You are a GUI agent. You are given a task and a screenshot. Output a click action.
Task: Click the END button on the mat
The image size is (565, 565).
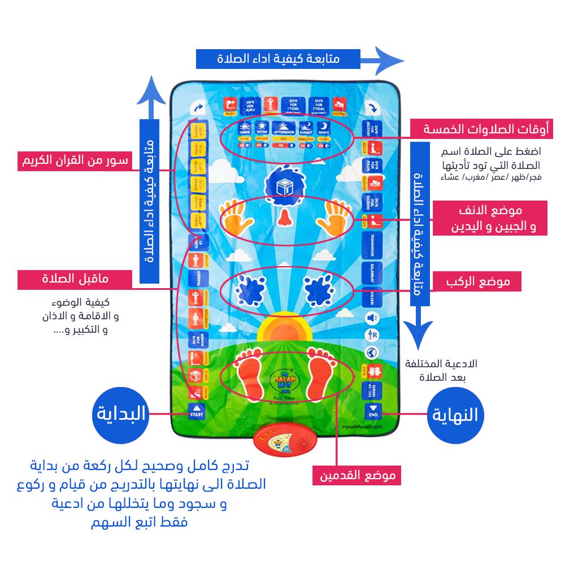pyautogui.click(x=373, y=411)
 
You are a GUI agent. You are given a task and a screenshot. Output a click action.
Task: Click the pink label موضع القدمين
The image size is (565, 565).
pyautogui.click(x=357, y=475)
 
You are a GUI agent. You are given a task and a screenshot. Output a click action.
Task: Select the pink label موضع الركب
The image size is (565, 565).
pyautogui.click(x=476, y=281)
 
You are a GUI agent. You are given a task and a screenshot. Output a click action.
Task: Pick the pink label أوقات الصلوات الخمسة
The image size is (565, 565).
pyautogui.click(x=474, y=129)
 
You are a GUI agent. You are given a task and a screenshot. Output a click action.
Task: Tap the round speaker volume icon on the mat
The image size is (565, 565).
pyautogui.click(x=372, y=318)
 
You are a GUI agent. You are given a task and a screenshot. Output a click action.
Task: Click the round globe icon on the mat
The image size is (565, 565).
pyautogui.click(x=372, y=353)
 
